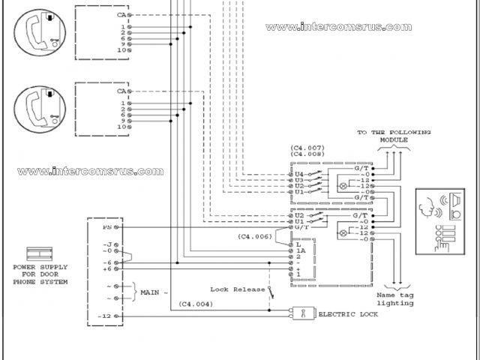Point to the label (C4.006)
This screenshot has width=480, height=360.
coord(256,236)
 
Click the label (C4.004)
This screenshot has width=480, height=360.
coord(195,304)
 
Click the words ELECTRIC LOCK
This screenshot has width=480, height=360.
coord(347,314)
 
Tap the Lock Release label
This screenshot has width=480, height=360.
coord(238,289)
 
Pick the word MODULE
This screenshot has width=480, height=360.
coord(393,140)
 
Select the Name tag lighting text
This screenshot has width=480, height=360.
coord(396,300)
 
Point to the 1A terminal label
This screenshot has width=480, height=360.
coord(300,250)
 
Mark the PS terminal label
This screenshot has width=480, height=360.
coord(107,226)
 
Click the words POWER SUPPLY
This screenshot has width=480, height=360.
coord(40,267)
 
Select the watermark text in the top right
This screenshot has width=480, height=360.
coord(338,27)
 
